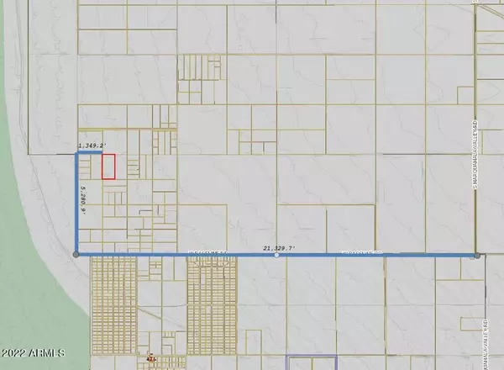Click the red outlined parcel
click(x=108, y=166)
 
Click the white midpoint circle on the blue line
click(x=277, y=255)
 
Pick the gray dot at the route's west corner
click(x=76, y=254)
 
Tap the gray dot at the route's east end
click(x=476, y=255)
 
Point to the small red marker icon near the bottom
click(x=151, y=356)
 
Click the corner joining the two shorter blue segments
click(x=77, y=153)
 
